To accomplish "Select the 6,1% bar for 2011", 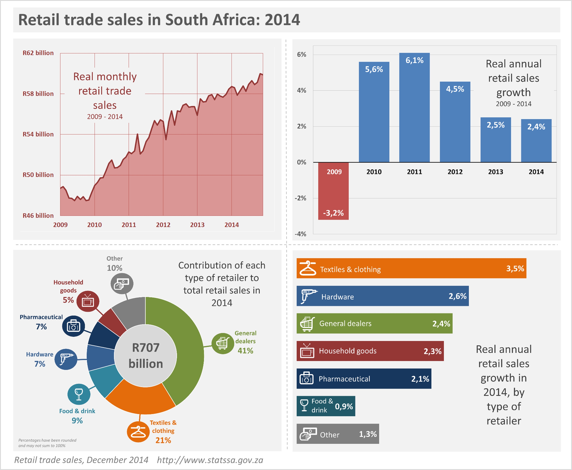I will click(414, 108).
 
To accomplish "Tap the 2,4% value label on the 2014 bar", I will click(536, 127).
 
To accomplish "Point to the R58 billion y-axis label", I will click(38, 94).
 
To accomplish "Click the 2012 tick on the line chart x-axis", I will click(163, 225).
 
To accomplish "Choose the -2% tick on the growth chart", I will click(301, 198).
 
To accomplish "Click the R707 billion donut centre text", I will click(146, 355).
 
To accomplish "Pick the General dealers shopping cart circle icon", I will click(222, 343).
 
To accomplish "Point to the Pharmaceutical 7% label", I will click(41, 322).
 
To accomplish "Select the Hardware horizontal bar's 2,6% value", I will click(457, 296).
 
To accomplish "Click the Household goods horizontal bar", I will click(370, 351).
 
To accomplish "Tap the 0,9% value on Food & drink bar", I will click(344, 406).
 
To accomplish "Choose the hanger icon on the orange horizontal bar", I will click(308, 268).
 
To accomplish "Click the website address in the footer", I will click(210, 460).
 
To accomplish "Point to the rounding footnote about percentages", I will click(47, 443).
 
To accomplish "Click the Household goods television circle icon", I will click(88, 301).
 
